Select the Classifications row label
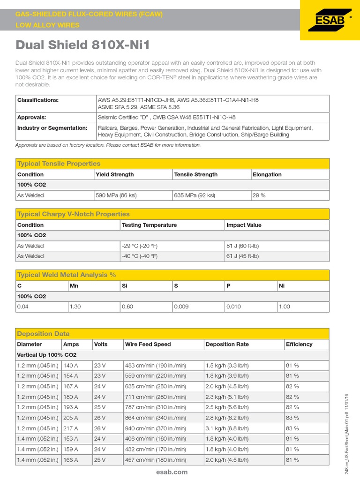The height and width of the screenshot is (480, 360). pyautogui.click(x=38, y=100)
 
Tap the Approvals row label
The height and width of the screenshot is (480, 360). pyautogui.click(x=31, y=118)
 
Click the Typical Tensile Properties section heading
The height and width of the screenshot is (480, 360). pyautogui.click(x=59, y=164)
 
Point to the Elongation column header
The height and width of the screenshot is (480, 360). pyautogui.click(x=267, y=174)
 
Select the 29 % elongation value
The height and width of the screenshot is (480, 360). pyautogui.click(x=259, y=195)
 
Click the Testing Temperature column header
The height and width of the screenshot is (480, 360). pyautogui.click(x=149, y=225)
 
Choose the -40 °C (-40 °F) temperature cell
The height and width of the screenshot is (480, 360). pyautogui.click(x=140, y=256)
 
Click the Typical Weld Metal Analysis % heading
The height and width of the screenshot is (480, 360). pyautogui.click(x=66, y=275)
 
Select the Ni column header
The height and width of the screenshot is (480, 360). pyautogui.click(x=282, y=286)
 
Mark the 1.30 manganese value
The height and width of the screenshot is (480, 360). pyautogui.click(x=75, y=307)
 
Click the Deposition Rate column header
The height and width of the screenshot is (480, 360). pyautogui.click(x=227, y=344)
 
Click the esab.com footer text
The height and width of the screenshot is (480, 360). pyautogui.click(x=172, y=472)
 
